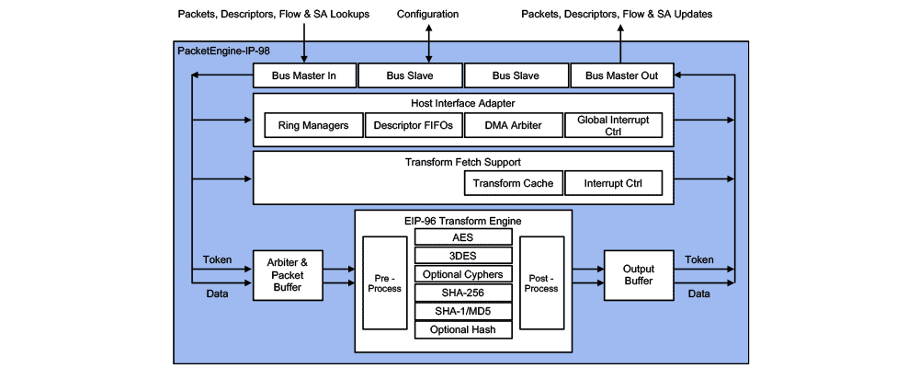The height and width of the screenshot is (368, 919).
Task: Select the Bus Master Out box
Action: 621,75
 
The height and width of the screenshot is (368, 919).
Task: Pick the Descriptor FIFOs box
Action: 413,125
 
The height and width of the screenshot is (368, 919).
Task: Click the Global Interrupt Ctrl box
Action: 613,125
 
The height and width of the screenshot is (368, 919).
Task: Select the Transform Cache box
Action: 513,183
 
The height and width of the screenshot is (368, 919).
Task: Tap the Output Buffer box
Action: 638,274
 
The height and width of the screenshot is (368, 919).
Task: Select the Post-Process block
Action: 541,282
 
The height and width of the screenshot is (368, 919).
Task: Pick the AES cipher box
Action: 463,236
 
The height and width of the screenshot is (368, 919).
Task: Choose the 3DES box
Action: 463,255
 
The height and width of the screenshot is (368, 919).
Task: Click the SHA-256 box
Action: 463,293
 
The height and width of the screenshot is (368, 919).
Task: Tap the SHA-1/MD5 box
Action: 463,311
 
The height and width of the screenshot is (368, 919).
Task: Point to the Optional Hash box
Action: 463,329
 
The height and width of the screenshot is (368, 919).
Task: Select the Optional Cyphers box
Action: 463,274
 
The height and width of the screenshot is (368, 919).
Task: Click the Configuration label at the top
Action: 428,14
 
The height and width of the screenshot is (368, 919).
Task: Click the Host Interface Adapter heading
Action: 463,102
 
